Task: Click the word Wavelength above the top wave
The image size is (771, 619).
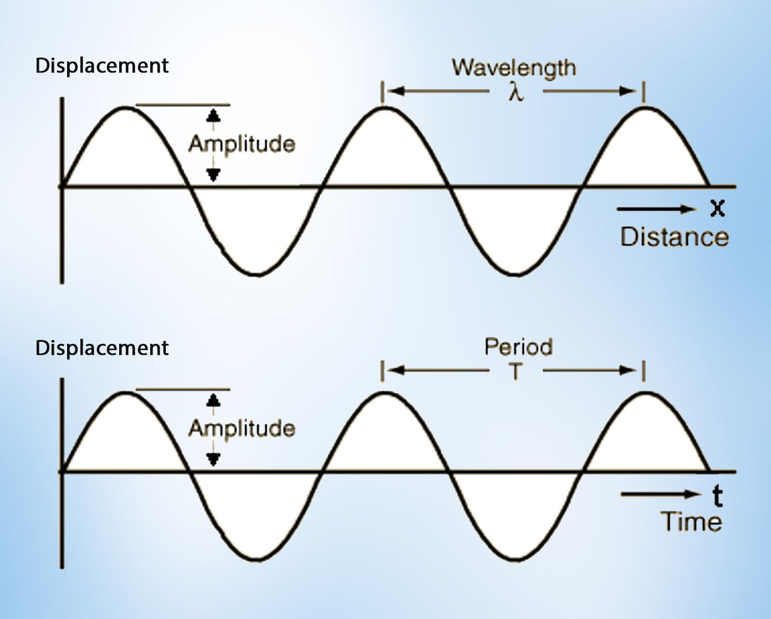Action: point(514,68)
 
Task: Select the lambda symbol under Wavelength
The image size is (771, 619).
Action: point(516,93)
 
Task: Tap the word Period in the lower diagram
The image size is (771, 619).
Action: point(518,347)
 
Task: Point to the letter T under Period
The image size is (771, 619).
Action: point(516,372)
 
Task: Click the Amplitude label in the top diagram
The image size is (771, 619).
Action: point(242,144)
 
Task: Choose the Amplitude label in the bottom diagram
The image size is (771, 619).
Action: point(242,428)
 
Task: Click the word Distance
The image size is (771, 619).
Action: point(674,237)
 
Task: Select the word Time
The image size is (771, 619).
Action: point(691,522)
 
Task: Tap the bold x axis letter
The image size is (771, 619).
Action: point(717,208)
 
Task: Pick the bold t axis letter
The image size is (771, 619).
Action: point(717,496)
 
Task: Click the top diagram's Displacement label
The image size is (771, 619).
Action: point(102,65)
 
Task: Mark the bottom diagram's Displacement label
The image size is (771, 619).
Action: point(102,348)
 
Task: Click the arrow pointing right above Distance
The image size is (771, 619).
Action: point(657,209)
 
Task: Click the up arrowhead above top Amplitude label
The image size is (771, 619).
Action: point(213,116)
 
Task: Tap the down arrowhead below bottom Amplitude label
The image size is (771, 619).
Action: point(213,459)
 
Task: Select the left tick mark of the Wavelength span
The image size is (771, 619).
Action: point(382,92)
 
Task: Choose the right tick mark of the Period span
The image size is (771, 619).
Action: point(643,370)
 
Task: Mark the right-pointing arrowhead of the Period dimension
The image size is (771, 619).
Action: point(629,370)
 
